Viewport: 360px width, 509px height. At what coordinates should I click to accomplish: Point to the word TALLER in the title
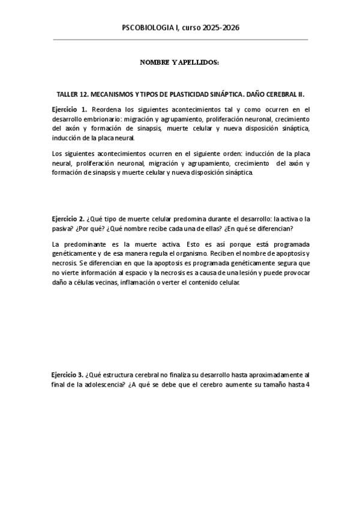68,95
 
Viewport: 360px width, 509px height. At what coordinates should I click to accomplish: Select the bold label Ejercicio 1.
70,110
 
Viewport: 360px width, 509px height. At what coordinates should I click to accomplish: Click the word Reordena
108,110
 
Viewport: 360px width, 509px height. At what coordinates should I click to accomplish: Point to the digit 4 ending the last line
307,385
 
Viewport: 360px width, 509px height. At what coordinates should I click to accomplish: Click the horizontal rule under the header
180,40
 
